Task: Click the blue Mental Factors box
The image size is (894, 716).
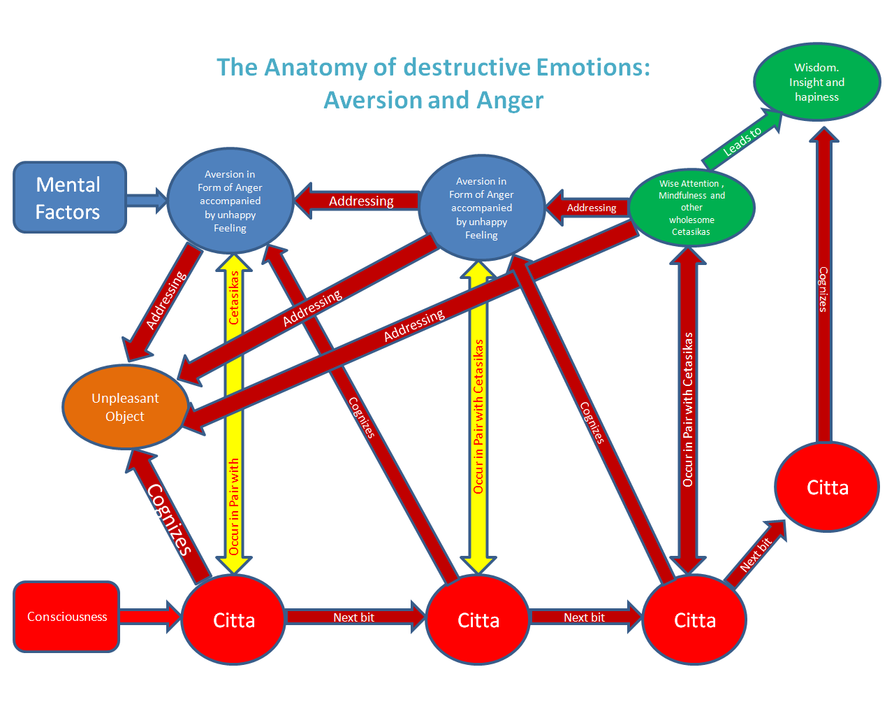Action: coord(69,197)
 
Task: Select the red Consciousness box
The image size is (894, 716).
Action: coord(66,617)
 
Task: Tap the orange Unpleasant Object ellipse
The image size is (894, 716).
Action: coord(125,407)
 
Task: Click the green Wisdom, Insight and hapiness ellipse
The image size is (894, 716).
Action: coord(816,82)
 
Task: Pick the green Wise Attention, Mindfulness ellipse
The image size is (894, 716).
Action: coord(691,208)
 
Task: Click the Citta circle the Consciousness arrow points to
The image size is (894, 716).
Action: coord(233,620)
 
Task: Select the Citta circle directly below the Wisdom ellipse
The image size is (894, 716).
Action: coord(827,487)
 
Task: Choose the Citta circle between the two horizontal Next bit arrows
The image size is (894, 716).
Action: coord(478,620)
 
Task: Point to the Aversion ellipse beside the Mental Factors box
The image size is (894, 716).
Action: coord(230,201)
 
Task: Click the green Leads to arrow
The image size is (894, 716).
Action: coord(742,142)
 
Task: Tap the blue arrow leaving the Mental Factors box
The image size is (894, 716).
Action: coord(146,201)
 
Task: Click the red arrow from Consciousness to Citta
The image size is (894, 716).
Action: coord(149,617)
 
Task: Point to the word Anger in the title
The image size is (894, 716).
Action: coord(510,100)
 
